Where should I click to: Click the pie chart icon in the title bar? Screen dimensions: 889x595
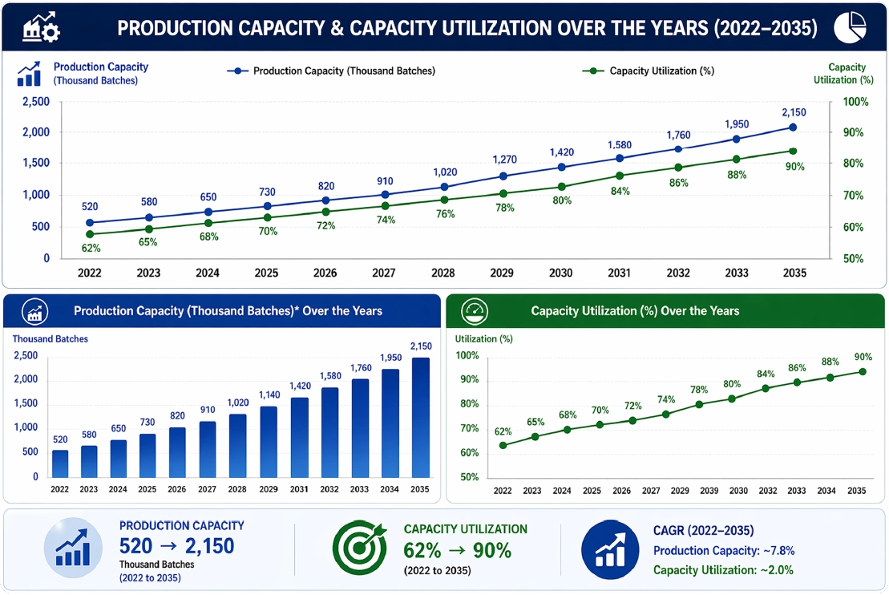pyautogui.click(x=850, y=26)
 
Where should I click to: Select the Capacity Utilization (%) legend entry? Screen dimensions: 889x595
pyautogui.click(x=648, y=71)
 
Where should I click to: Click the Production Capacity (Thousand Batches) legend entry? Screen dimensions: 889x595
pyautogui.click(x=331, y=71)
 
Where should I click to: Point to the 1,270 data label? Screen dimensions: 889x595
pyautogui.click(x=504, y=160)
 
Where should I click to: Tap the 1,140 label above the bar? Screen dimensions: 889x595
pyautogui.click(x=269, y=395)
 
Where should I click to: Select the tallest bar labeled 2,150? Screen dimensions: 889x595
pyautogui.click(x=421, y=418)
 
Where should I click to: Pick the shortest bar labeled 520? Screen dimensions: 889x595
pyautogui.click(x=60, y=464)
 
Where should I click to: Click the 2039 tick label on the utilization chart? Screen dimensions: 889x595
pyautogui.click(x=709, y=491)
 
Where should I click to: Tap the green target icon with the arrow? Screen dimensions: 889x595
pyautogui.click(x=359, y=548)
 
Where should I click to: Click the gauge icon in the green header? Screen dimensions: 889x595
pyautogui.click(x=475, y=311)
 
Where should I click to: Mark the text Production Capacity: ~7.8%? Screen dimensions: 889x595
pyautogui.click(x=723, y=551)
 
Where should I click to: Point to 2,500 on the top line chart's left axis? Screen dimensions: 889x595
pyautogui.click(x=36, y=102)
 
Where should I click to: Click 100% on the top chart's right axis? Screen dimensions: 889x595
pyautogui.click(x=855, y=102)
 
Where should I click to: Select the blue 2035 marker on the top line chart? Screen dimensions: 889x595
pyautogui.click(x=793, y=127)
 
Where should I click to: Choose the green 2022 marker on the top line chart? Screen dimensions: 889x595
pyautogui.click(x=90, y=234)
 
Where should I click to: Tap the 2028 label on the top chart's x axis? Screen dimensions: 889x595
pyautogui.click(x=442, y=273)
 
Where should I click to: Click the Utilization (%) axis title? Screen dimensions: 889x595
pyautogui.click(x=483, y=338)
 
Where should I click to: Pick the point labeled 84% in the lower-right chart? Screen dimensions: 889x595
pyautogui.click(x=766, y=389)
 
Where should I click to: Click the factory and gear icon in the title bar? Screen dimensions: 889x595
pyautogui.click(x=41, y=27)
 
